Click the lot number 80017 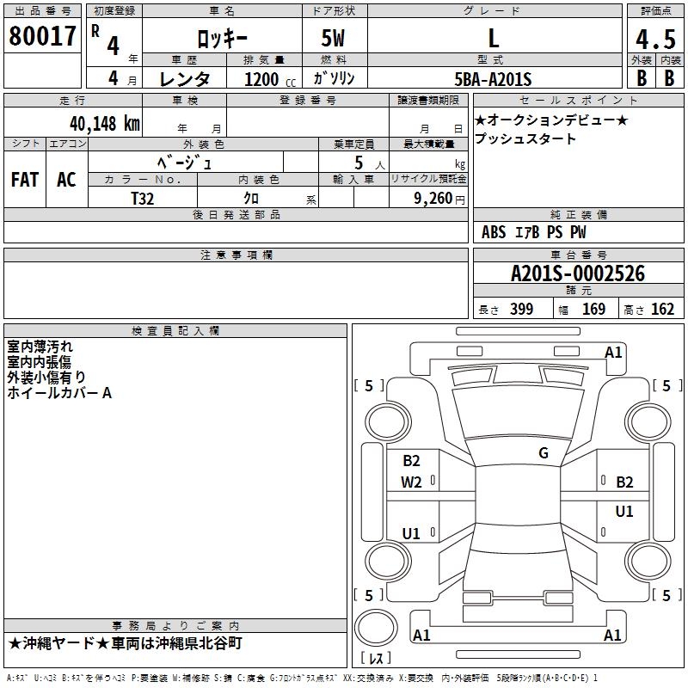(42, 36)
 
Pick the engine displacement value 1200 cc (267, 79)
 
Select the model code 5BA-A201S (493, 79)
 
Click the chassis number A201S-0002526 (577, 273)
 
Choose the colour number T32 (143, 198)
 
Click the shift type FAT (24, 180)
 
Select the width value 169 (593, 309)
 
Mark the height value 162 (662, 309)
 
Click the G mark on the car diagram (543, 453)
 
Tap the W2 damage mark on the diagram (411, 482)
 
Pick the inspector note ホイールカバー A (59, 392)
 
